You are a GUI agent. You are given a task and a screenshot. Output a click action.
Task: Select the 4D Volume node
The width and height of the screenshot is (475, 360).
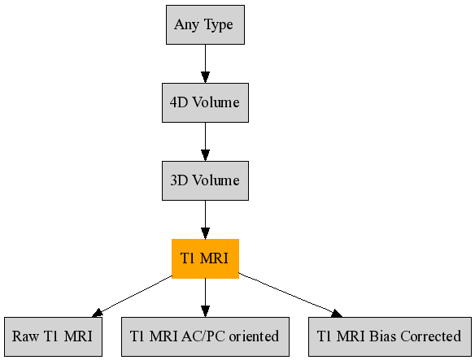(205, 102)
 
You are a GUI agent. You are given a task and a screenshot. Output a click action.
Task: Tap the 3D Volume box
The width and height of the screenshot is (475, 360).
(205, 180)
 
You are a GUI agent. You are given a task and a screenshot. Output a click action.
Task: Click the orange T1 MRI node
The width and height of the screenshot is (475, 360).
(205, 258)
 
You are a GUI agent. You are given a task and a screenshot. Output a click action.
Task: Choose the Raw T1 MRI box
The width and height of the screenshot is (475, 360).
(53, 336)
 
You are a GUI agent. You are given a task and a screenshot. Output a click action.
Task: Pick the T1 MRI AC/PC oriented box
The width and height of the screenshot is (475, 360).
(205, 336)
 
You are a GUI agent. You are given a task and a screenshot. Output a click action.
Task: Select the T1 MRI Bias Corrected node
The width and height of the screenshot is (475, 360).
(390, 336)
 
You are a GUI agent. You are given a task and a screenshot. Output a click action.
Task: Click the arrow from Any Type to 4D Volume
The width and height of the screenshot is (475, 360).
(205, 63)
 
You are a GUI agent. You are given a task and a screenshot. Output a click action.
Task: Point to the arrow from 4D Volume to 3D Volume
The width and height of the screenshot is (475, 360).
(205, 141)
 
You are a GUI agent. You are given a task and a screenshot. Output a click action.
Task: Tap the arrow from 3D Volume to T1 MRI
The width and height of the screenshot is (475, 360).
(205, 219)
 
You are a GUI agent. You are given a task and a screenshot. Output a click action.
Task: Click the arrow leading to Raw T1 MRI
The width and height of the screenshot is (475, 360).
(134, 296)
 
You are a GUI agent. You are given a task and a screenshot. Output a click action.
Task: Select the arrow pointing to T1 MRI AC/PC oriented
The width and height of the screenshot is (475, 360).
(205, 297)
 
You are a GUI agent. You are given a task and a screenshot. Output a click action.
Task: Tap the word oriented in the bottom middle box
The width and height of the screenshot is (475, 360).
(253, 336)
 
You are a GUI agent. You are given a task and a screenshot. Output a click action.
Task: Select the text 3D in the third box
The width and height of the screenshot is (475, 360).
(179, 180)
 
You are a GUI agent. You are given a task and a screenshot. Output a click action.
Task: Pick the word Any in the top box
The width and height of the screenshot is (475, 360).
(186, 25)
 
